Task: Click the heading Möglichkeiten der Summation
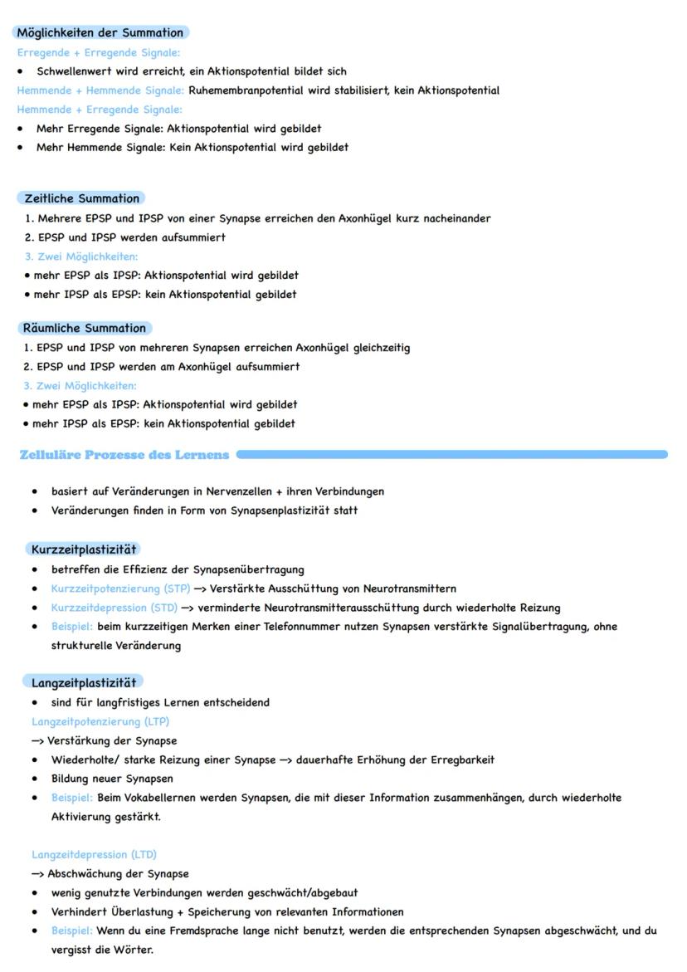(100, 32)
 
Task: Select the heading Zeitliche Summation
(81, 198)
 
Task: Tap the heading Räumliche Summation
(84, 328)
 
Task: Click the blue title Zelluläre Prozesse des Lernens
(124, 455)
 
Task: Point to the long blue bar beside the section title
(451, 455)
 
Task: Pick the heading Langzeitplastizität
(83, 682)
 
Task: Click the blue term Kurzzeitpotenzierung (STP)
(120, 589)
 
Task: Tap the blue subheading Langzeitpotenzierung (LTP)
(100, 721)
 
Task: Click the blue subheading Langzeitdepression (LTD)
(94, 854)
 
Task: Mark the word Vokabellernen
(201, 798)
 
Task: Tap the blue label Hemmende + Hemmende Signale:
(100, 90)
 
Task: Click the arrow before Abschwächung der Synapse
(38, 873)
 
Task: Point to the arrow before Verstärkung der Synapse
(38, 740)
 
